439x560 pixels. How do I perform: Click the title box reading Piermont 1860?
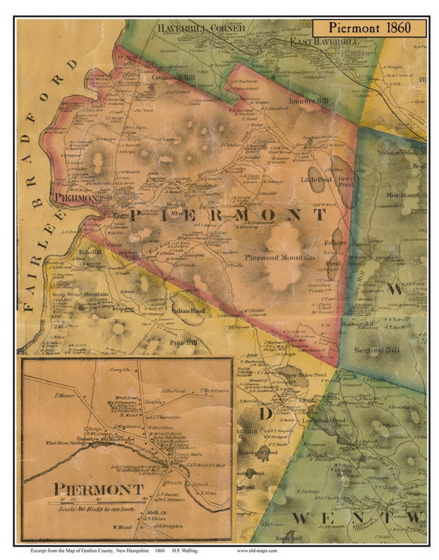coord(369,28)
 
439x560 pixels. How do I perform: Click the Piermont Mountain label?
coord(279,257)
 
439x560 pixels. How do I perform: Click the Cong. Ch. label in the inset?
coord(120,370)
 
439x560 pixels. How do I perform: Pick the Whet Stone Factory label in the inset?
coord(63,443)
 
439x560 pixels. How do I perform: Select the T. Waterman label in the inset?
coord(214,391)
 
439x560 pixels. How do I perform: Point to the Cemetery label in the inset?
coord(155,402)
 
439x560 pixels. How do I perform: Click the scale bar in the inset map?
coord(98,503)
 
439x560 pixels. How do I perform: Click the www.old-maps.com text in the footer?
coord(257,551)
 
